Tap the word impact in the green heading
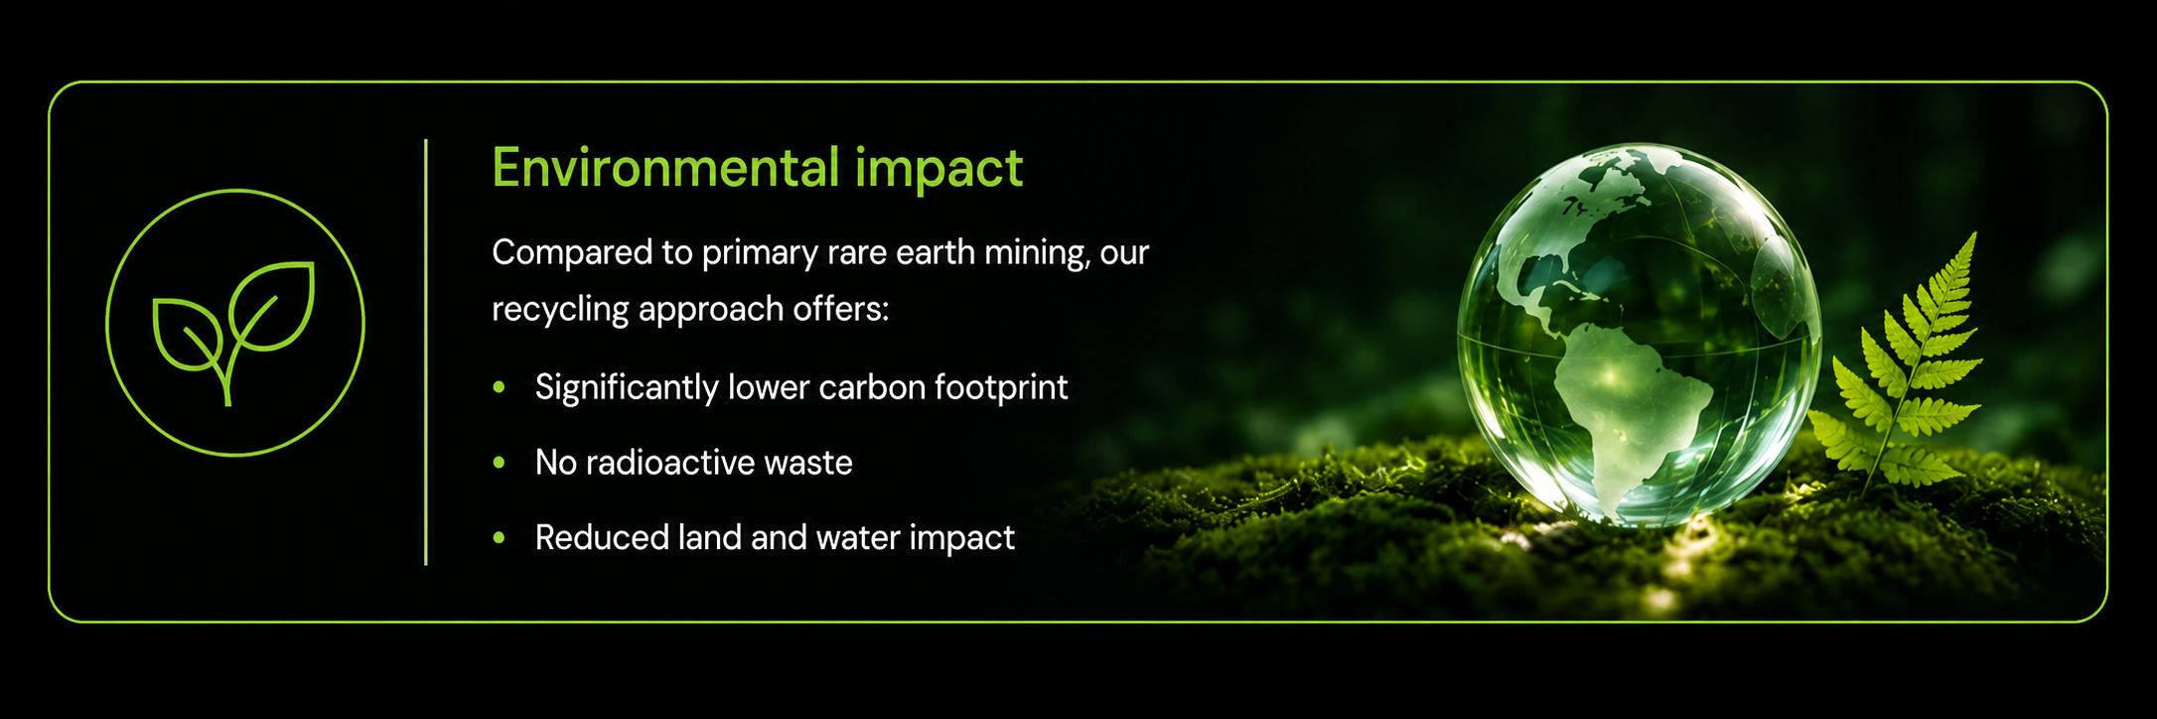[x=938, y=169]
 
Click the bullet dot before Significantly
[x=500, y=387]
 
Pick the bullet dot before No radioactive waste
[x=500, y=463]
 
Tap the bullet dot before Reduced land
[x=500, y=538]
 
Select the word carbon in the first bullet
[x=862, y=387]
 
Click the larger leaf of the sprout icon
[x=272, y=307]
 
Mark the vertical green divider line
[x=426, y=353]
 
